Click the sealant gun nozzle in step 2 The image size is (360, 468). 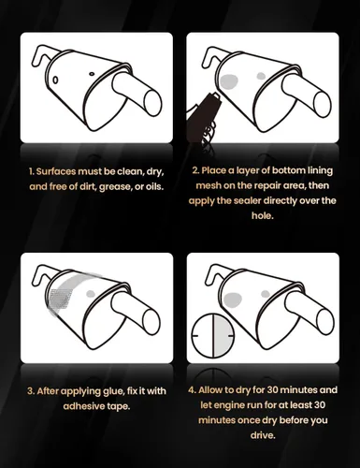click(215, 96)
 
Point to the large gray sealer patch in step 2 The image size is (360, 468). click(229, 81)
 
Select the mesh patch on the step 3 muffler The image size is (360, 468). click(60, 299)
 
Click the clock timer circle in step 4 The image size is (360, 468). click(213, 335)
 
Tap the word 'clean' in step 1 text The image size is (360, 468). click(130, 171)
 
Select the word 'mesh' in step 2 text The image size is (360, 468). click(208, 185)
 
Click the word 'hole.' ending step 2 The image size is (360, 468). click(263, 215)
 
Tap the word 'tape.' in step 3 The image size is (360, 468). click(118, 407)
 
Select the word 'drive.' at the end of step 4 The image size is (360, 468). click(263, 435)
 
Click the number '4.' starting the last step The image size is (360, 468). click(192, 390)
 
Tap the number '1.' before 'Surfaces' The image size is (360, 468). click(31, 171)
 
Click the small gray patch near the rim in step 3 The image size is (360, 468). click(91, 293)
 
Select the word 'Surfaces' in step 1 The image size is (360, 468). click(56, 171)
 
